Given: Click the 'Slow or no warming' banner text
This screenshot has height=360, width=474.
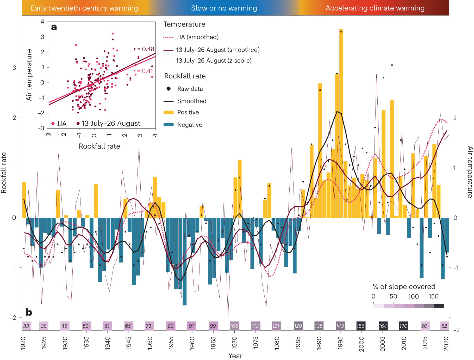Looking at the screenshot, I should point(224,8).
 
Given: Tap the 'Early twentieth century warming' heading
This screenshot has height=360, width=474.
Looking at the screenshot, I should point(84,8).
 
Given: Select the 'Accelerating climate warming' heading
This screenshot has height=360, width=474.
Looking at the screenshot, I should point(375,8).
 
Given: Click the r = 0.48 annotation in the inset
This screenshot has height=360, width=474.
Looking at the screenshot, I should point(144,49).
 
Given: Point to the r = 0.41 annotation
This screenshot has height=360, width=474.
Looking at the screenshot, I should point(143,71).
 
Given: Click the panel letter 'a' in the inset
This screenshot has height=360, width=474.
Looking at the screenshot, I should point(54,27).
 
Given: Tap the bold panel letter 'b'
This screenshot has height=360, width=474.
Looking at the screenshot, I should point(29,312).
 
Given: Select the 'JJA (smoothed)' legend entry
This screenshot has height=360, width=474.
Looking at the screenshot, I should point(197,37).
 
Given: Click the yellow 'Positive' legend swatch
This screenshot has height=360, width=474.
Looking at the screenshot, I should point(169,112).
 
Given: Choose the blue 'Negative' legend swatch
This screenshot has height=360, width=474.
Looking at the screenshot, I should point(169,125).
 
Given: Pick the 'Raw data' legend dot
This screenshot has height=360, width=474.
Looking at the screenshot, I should point(169,89).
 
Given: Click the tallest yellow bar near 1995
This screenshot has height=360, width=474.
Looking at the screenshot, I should point(341,123).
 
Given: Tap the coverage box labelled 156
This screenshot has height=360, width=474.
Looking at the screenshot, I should point(361,326).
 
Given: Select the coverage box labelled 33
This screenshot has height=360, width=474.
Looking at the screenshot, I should point(26,326).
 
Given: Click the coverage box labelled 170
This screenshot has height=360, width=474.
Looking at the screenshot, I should point(403,326).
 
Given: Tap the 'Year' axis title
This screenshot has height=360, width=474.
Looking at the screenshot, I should point(235,356).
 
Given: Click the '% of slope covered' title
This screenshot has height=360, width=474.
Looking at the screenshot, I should point(404,287).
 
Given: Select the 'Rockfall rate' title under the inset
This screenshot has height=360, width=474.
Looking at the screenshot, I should point(99,146).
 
